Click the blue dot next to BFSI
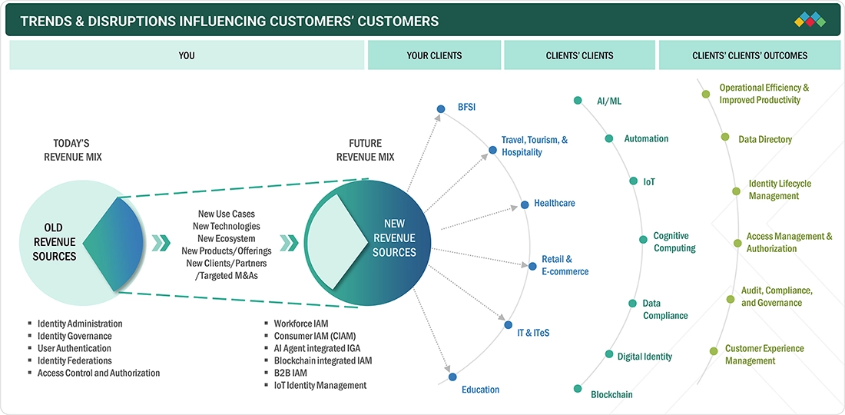[x=440, y=109]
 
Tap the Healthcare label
[x=554, y=204]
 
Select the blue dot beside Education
[x=452, y=377]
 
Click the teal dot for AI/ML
[x=578, y=101]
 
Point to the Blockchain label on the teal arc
[x=611, y=394]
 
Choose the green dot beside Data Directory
[x=724, y=138]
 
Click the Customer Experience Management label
[x=764, y=354]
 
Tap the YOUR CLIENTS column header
[x=434, y=55]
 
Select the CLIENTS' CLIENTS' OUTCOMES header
[x=749, y=55]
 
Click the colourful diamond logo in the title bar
[x=810, y=19]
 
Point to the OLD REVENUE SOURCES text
[x=54, y=242]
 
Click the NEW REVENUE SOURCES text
[x=394, y=237]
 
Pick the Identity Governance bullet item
[x=75, y=336]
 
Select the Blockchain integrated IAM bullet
[x=323, y=360]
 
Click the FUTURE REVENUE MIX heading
[x=366, y=150]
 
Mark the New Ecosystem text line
[x=226, y=238]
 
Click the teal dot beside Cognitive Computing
[x=643, y=240]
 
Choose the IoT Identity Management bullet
[x=320, y=385]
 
